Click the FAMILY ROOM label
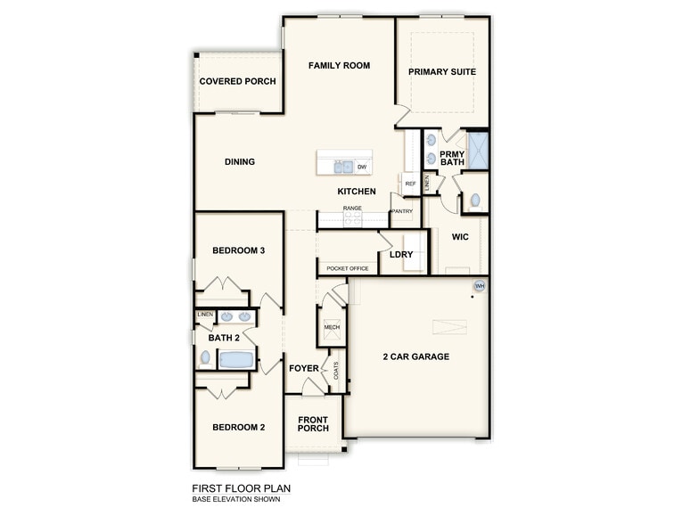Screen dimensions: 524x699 (x=339, y=65)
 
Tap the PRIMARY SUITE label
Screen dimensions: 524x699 (x=442, y=71)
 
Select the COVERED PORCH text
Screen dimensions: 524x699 (x=237, y=81)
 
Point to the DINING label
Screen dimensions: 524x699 (x=240, y=161)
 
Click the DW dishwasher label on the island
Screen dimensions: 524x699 (x=362, y=167)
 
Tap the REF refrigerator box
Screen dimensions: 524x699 (x=410, y=184)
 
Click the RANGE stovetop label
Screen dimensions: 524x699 (x=352, y=208)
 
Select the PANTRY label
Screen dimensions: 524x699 (x=402, y=211)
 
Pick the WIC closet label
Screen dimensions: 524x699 (x=460, y=237)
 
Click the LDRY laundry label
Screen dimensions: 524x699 (x=400, y=254)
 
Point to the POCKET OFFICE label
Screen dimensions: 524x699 (x=348, y=268)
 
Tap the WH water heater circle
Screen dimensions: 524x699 (x=479, y=286)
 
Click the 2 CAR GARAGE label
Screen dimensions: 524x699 (x=415, y=356)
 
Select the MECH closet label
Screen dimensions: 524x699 (x=332, y=327)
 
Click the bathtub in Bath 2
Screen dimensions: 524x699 (x=237, y=359)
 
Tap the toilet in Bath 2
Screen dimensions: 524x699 (x=206, y=358)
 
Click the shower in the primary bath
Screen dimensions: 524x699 (x=479, y=151)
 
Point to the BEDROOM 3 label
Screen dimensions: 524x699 (x=238, y=250)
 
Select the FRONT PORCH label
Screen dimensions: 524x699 (x=313, y=424)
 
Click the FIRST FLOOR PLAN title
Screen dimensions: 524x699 (x=241, y=488)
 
